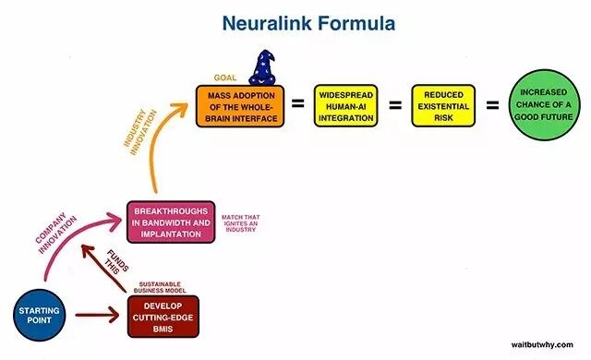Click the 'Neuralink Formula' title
(308, 23)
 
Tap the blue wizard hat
(262, 67)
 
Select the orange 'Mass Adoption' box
(240, 106)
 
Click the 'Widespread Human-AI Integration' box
(346, 106)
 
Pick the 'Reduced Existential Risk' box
(443, 106)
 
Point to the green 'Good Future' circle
(543, 104)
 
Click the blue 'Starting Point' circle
(39, 315)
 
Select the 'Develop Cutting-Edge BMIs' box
(163, 317)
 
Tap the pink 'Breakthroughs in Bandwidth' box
(171, 222)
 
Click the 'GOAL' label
(225, 78)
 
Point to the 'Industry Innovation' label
(139, 132)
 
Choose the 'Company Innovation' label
(56, 234)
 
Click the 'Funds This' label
(117, 262)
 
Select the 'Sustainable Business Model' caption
(160, 287)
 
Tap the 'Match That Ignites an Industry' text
(240, 223)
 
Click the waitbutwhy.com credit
(542, 344)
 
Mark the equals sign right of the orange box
(297, 103)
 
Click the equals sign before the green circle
(492, 105)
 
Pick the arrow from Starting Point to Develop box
(97, 315)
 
